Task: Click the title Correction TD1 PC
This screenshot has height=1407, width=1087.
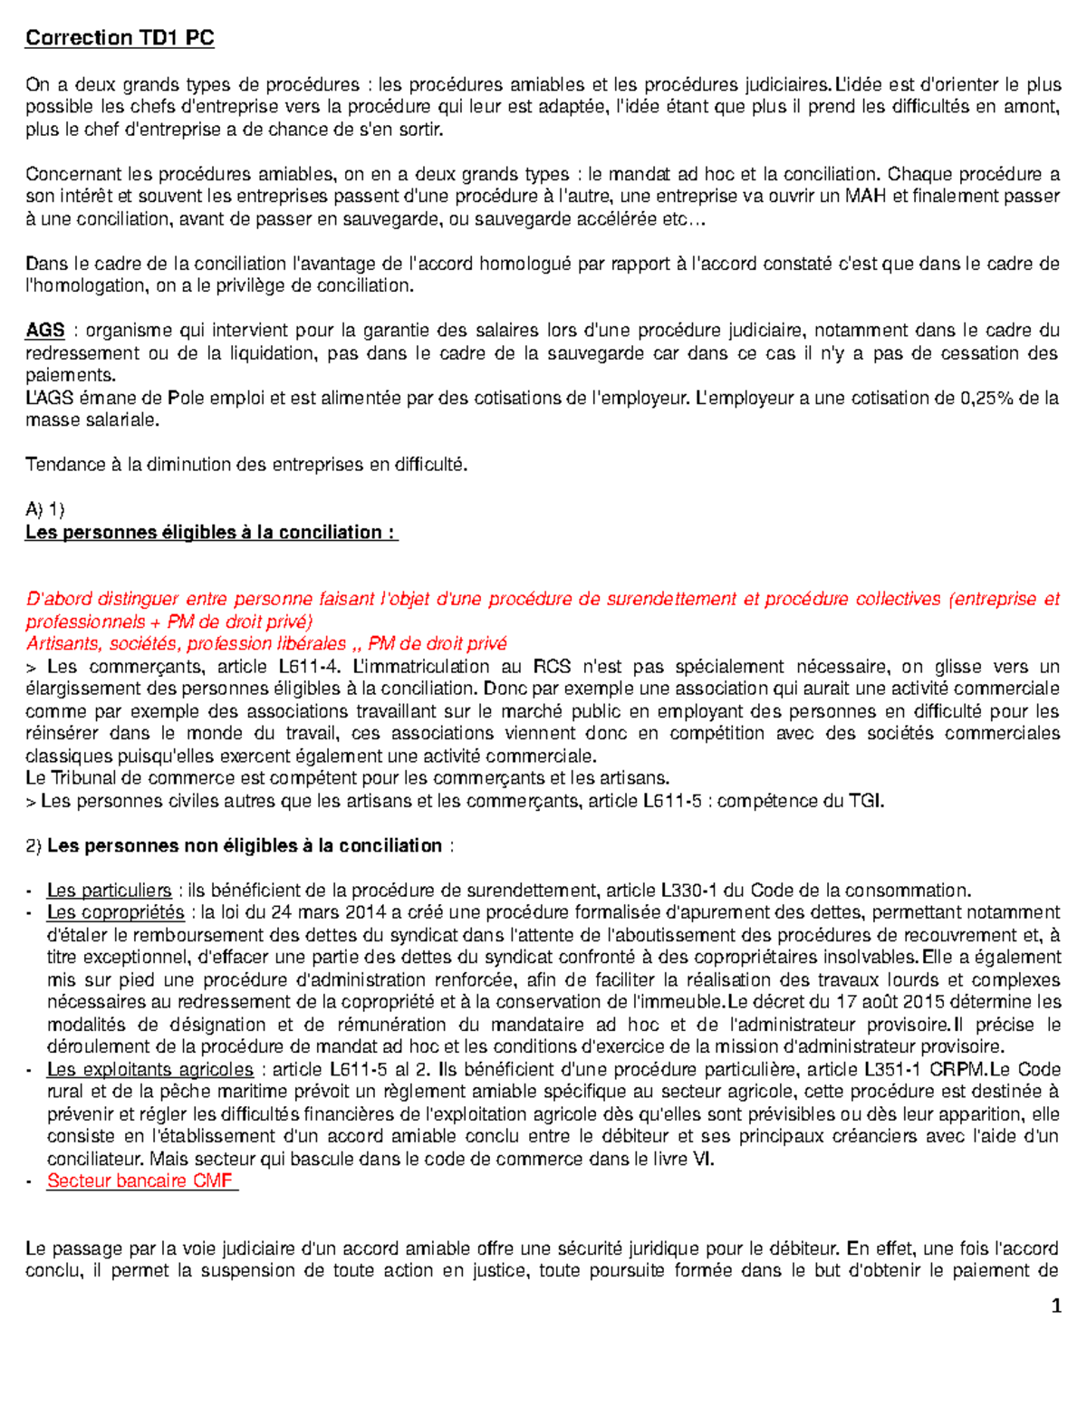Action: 120,38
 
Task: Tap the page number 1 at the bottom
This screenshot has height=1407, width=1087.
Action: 1055,1306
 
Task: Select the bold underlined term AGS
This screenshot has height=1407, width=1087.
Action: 44,331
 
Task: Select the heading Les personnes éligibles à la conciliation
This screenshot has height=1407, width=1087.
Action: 211,533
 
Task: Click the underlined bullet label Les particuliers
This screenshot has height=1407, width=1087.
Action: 109,891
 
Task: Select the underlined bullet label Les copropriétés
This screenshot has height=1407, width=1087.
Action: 115,912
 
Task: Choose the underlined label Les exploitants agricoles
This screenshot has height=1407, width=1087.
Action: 149,1069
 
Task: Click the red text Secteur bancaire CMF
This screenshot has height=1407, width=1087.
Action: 140,1181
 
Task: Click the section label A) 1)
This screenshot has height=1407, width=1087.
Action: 45,509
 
